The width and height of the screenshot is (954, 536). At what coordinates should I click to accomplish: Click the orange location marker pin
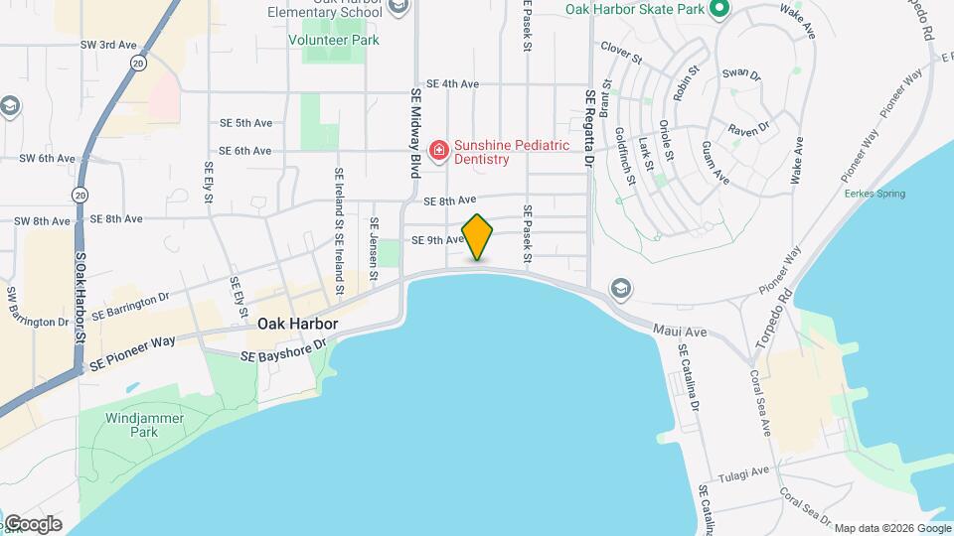pos(477,236)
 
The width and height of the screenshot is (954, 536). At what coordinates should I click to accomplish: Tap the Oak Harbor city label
pos(298,325)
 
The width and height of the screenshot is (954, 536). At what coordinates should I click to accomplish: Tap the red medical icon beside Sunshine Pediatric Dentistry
pos(438,151)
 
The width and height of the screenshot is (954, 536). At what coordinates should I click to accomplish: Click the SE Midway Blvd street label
pos(416,129)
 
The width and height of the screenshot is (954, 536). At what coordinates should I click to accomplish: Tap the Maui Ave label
pos(680,331)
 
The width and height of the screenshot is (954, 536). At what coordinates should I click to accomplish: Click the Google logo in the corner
pos(33,523)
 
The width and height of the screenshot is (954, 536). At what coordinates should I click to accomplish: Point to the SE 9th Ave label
pos(438,240)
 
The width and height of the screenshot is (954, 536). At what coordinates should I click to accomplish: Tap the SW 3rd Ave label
pos(109,45)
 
